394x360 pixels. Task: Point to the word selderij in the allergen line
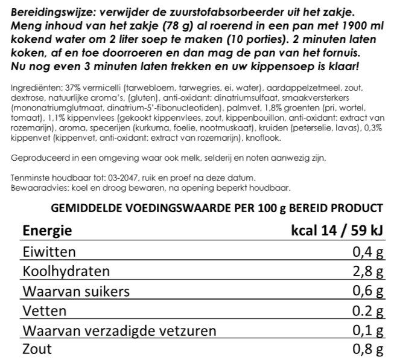click(x=238, y=158)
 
